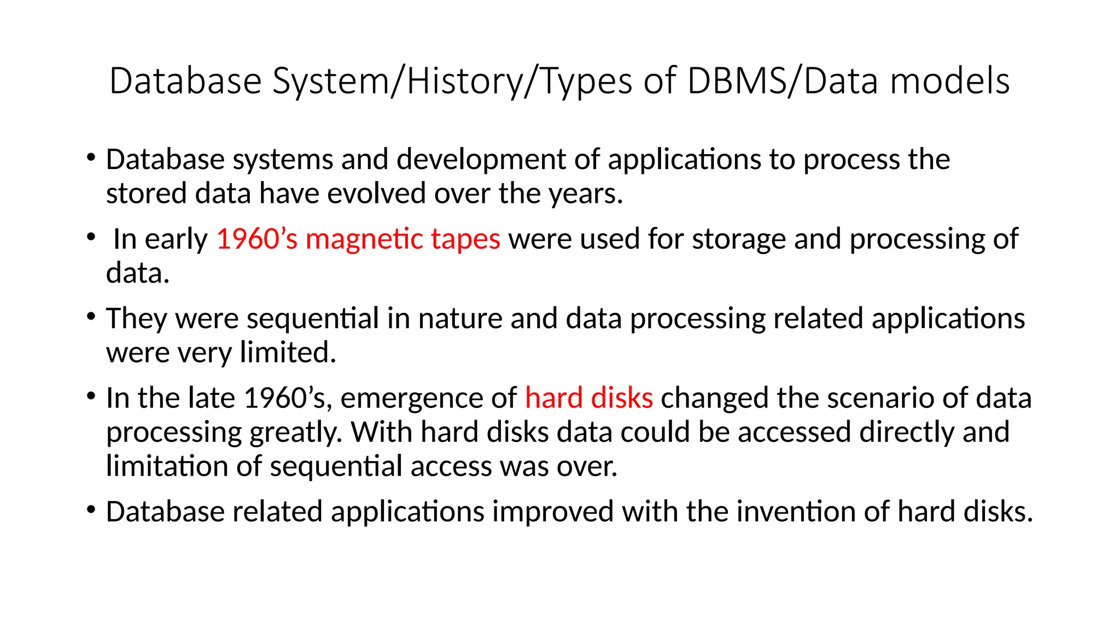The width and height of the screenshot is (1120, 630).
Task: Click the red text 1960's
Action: pyautogui.click(x=257, y=239)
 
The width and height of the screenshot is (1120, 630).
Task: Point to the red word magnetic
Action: pyautogui.click(x=364, y=239)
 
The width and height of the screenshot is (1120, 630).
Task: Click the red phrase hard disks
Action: pyautogui.click(x=589, y=398)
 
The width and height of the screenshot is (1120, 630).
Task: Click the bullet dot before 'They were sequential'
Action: pyautogui.click(x=91, y=317)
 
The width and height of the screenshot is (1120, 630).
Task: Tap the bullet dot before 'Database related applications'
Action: pyautogui.click(x=91, y=510)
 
